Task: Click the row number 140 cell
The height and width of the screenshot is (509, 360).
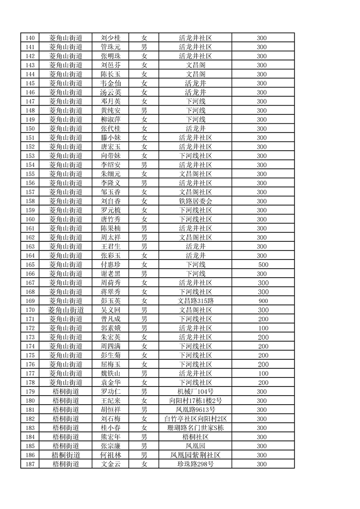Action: click(x=30, y=38)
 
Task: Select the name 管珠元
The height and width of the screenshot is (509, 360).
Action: click(x=110, y=47)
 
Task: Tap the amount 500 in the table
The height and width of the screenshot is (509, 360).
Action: click(x=263, y=264)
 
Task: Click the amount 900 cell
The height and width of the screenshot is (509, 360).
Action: click(x=263, y=301)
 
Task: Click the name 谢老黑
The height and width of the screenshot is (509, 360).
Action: click(x=110, y=274)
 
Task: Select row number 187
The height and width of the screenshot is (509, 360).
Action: click(x=30, y=464)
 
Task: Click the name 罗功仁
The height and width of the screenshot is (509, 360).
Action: click(x=110, y=392)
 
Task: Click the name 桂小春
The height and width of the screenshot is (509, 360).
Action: click(x=110, y=428)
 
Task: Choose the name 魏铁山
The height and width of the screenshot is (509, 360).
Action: click(x=110, y=373)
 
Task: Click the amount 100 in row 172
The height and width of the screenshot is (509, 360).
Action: click(x=263, y=328)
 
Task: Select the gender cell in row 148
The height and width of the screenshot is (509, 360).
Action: click(x=144, y=110)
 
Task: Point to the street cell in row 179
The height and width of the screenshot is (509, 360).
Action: click(x=66, y=392)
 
